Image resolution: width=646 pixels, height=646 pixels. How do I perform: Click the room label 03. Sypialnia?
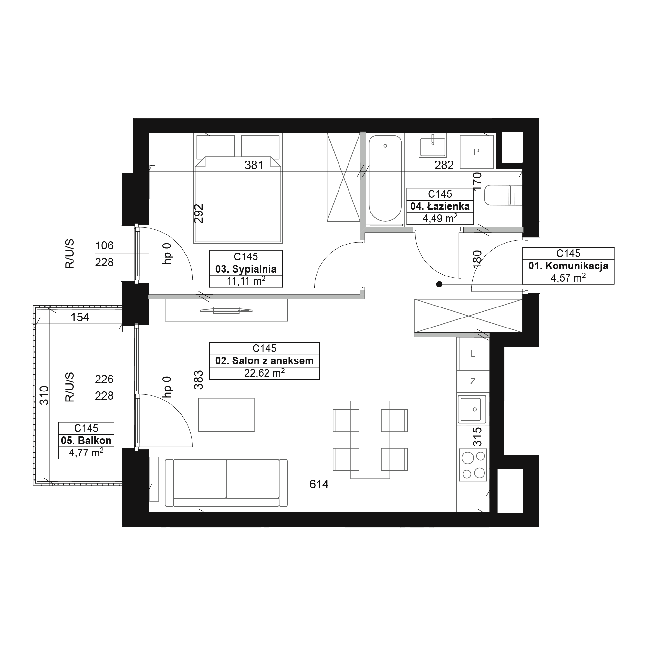point(246,269)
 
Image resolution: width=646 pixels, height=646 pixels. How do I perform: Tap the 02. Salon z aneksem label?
point(265,361)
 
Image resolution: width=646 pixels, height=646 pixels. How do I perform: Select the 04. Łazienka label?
point(440,206)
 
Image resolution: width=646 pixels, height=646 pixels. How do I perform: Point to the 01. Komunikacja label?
point(568,266)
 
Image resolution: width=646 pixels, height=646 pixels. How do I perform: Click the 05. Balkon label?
point(86,440)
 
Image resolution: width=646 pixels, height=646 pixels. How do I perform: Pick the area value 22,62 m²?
point(265,372)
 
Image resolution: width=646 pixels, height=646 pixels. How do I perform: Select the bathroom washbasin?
point(433,145)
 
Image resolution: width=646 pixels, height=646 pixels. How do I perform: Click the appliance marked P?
point(476,152)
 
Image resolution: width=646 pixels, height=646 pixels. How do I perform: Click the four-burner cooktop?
point(473,465)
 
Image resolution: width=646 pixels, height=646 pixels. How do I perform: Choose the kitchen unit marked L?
point(473,353)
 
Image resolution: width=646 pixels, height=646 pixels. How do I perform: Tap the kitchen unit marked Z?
point(473,381)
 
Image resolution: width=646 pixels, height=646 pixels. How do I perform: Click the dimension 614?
point(319,484)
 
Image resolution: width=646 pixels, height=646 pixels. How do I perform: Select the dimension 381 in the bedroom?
point(254,165)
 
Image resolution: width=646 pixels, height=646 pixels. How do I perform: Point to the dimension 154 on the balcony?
point(80,317)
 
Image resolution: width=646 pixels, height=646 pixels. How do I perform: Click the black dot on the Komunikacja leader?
point(439,284)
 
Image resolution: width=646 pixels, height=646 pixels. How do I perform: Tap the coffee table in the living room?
point(226,415)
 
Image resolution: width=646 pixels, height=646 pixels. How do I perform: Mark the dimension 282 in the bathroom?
point(444,165)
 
